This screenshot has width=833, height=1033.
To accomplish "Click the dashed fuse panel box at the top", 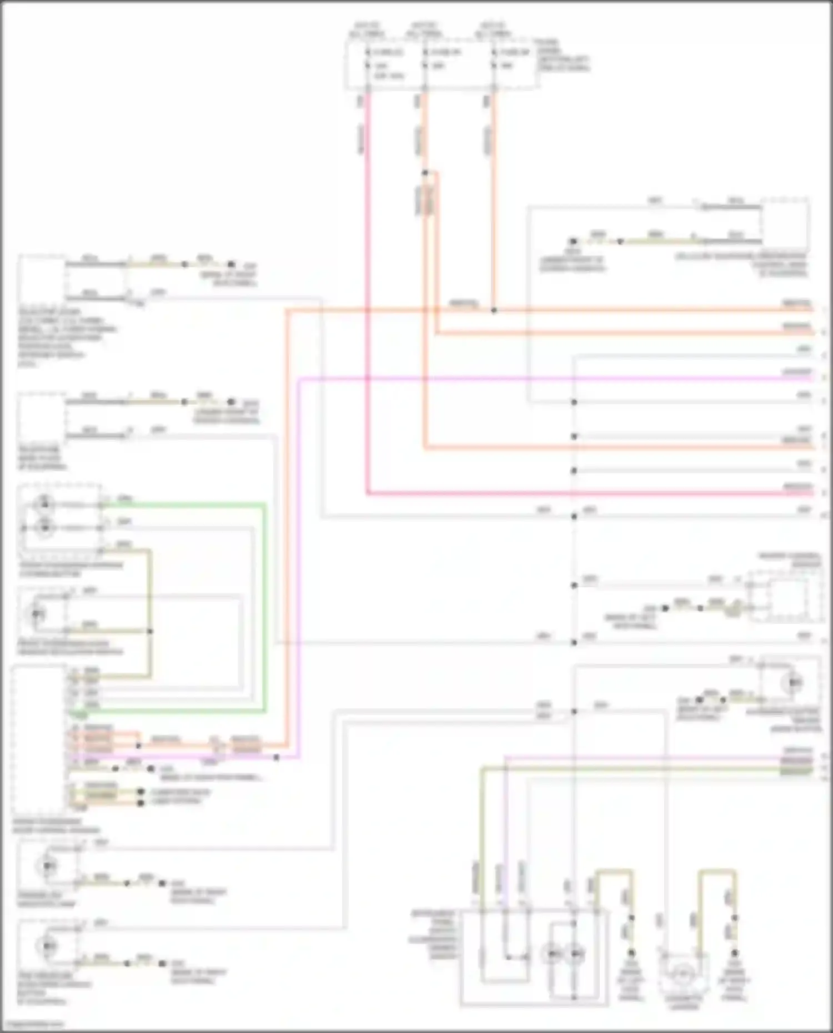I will point(441,64).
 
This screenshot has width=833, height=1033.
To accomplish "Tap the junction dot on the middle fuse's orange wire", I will point(425,173).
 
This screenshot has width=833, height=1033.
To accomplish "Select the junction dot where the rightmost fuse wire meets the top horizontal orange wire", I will point(494,310).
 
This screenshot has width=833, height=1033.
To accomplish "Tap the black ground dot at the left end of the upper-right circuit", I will point(573,241).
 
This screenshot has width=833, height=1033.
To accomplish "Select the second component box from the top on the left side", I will point(42,416).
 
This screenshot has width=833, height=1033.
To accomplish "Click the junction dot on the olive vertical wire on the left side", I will point(149,631).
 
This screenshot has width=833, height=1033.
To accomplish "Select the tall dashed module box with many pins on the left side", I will point(39,741).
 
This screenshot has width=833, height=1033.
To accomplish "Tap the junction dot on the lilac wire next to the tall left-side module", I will point(277,757).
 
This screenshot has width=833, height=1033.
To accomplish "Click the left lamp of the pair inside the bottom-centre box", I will point(552,954).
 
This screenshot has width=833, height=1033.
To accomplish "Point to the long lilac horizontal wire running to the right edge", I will point(555,379).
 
